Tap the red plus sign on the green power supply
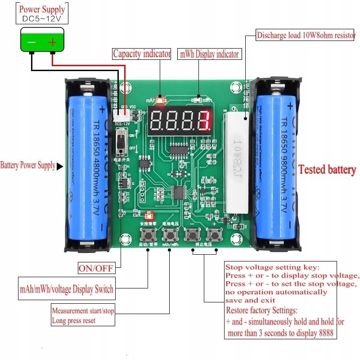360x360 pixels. point(53,42)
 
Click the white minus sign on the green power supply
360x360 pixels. point(31,42)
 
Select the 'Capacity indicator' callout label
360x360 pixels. point(142,54)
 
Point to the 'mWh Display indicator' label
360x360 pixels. point(209,54)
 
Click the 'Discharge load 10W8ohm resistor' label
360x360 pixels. point(306,35)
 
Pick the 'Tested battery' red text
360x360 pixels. point(327,170)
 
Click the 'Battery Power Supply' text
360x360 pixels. point(28,166)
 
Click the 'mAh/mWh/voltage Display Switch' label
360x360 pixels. point(66,288)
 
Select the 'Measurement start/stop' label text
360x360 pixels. point(83,310)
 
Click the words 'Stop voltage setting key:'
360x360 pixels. point(272,267)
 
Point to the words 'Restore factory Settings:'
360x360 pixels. point(261,310)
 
